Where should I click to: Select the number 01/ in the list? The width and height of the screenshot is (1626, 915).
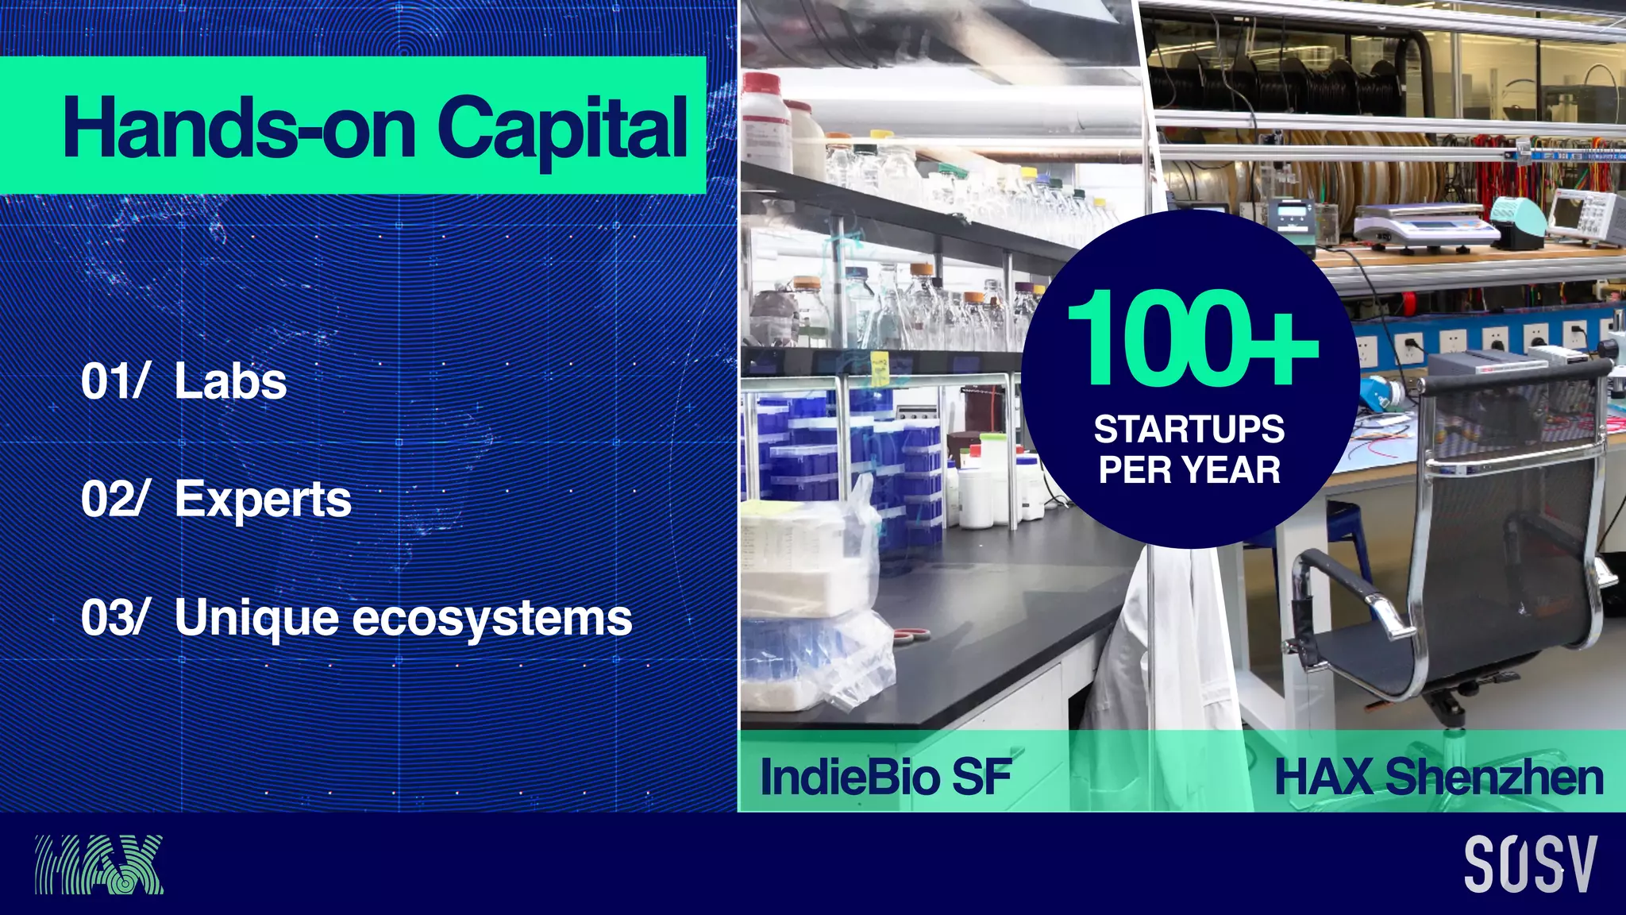click(x=114, y=381)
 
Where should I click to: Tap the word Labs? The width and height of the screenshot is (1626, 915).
click(x=230, y=381)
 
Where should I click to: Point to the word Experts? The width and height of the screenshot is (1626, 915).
click(x=263, y=500)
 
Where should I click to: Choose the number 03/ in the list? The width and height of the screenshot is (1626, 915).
click(x=114, y=618)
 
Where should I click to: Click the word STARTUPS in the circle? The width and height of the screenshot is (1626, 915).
click(x=1189, y=430)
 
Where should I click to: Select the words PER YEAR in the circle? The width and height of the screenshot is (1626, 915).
click(x=1189, y=470)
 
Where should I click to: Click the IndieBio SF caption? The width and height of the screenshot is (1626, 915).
click(x=885, y=777)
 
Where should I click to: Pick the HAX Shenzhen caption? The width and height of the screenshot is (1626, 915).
click(x=1439, y=777)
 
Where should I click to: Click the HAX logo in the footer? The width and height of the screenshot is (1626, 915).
click(x=98, y=864)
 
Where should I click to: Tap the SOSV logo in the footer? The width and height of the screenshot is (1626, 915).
click(x=1530, y=864)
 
